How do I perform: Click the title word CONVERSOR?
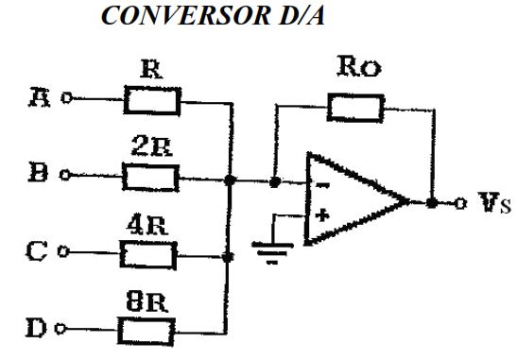185,15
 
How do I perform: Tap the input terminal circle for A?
67,98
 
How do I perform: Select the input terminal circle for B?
65,175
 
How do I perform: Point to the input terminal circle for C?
63,252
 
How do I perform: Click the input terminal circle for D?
60,329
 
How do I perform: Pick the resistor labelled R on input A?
152,100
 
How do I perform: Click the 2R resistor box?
150,178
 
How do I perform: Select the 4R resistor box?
148,255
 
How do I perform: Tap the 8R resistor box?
146,332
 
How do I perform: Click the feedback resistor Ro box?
355,108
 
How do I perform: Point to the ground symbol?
272,253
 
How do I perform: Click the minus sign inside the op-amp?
322,185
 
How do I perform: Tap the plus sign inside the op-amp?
322,215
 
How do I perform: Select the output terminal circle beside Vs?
460,203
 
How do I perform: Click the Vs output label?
494,202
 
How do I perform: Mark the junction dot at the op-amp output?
432,203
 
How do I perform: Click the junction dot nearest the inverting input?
275,181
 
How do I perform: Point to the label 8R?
146,301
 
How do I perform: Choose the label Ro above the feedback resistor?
359,66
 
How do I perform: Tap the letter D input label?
36,328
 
